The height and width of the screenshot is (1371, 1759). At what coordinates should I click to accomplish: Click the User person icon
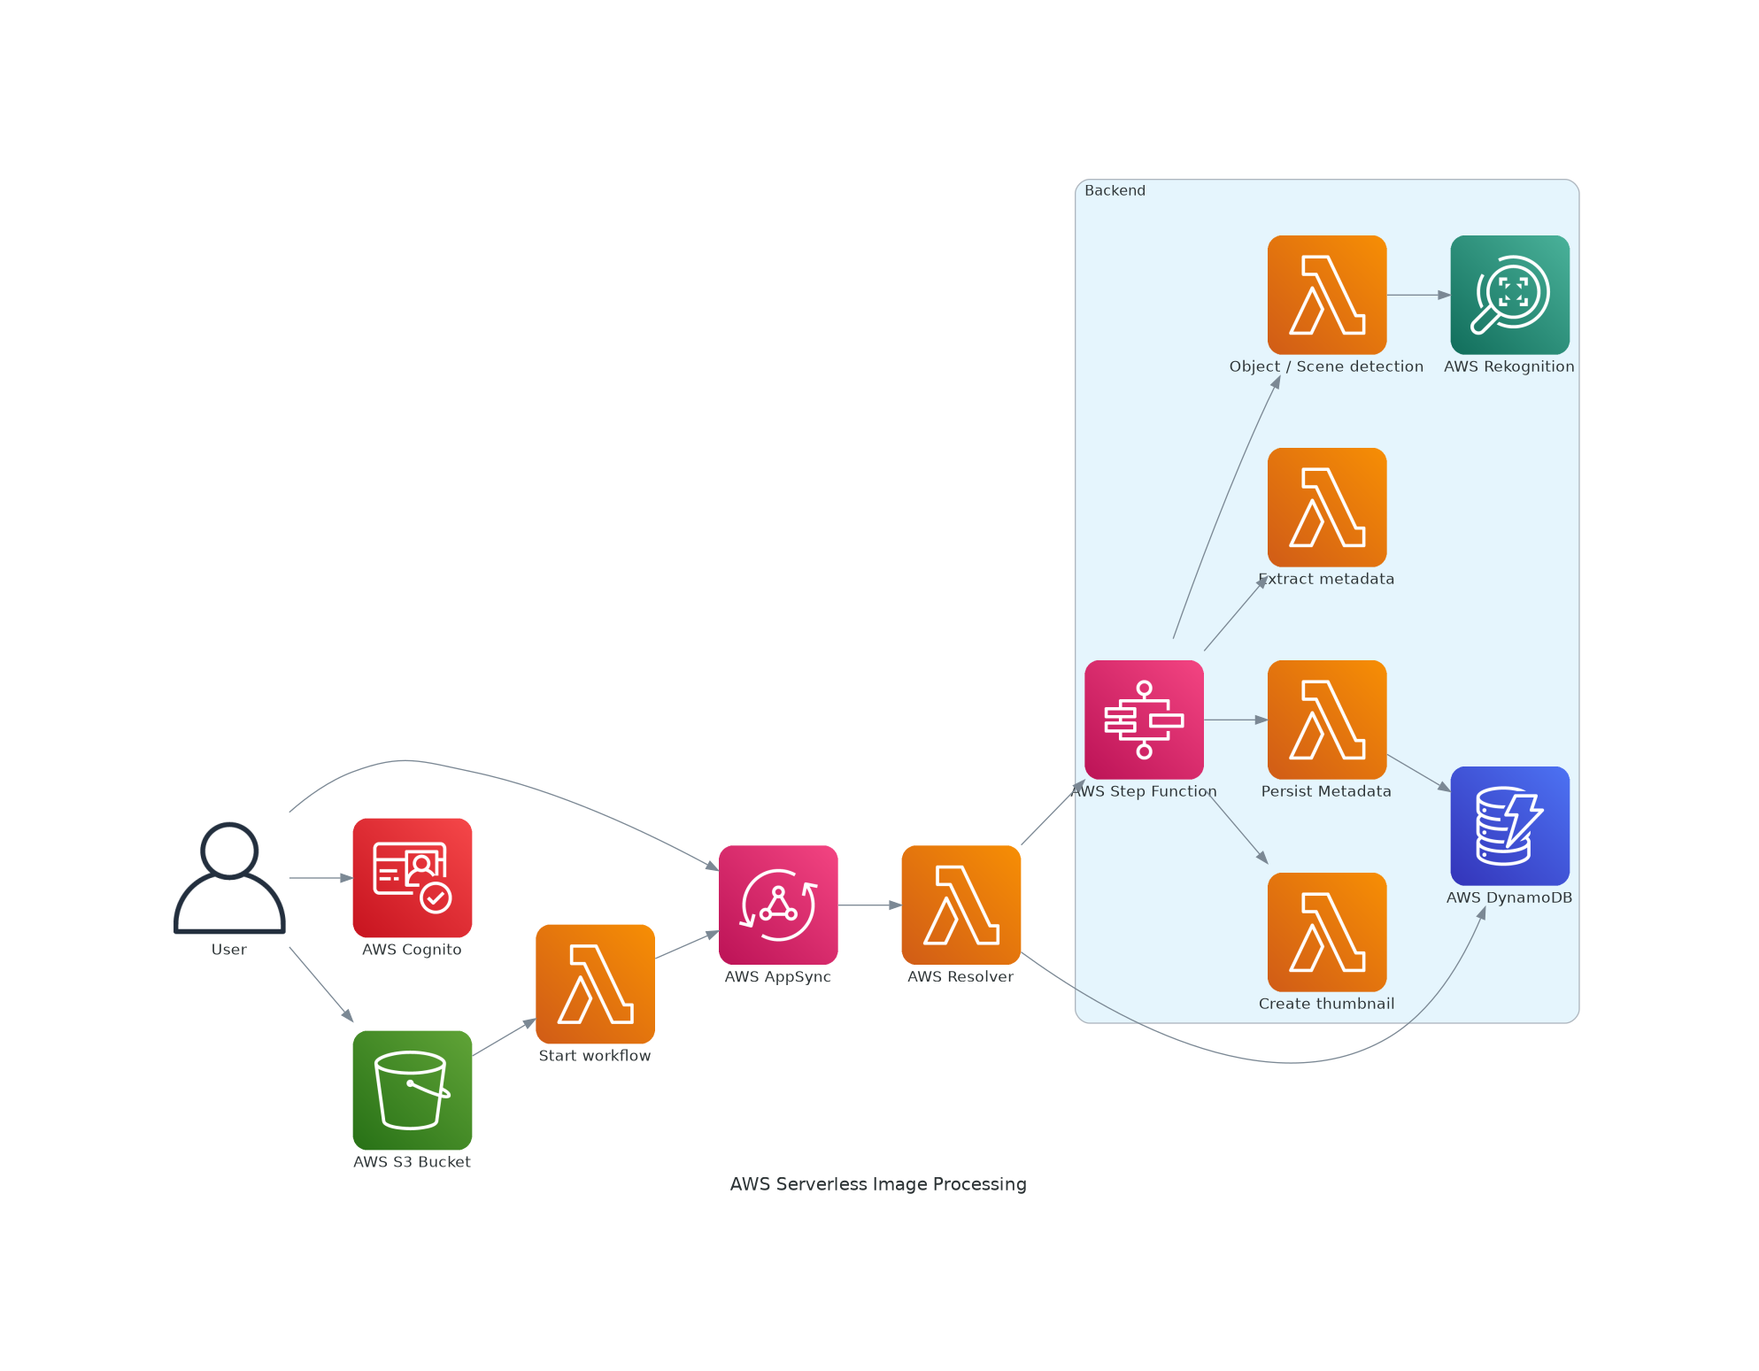click(x=229, y=878)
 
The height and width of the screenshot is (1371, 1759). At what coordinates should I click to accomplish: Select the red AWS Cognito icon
click(x=413, y=877)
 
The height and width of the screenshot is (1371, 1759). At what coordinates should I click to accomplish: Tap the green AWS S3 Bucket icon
click(x=413, y=1090)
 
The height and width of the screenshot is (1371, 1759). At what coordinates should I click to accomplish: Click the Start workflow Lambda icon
click(x=595, y=983)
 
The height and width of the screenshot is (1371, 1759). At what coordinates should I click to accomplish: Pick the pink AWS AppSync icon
click(x=778, y=905)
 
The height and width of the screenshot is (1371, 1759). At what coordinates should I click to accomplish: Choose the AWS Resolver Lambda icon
click(x=961, y=905)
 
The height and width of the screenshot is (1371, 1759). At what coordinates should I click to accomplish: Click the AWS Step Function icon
click(x=1144, y=720)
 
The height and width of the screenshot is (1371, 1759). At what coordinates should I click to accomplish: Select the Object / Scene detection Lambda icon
click(x=1326, y=295)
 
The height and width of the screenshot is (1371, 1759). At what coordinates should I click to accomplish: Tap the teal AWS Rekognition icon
click(x=1509, y=295)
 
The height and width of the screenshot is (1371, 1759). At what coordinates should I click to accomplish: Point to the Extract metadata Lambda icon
click(x=1326, y=507)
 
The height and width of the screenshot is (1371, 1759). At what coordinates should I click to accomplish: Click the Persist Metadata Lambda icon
click(x=1326, y=720)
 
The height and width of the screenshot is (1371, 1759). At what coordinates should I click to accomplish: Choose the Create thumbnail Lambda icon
click(x=1326, y=932)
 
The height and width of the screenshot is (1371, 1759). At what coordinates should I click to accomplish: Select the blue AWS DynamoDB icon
click(x=1509, y=826)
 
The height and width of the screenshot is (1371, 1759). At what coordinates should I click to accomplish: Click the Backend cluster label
click(x=1115, y=190)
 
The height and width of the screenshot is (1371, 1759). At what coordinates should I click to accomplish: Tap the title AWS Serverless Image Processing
click(x=878, y=1184)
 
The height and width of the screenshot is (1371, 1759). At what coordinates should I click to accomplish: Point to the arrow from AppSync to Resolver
click(x=869, y=905)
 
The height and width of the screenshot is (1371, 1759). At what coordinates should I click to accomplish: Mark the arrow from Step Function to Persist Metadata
click(x=1235, y=720)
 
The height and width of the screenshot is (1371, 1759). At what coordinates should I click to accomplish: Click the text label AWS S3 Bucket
click(x=412, y=1162)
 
